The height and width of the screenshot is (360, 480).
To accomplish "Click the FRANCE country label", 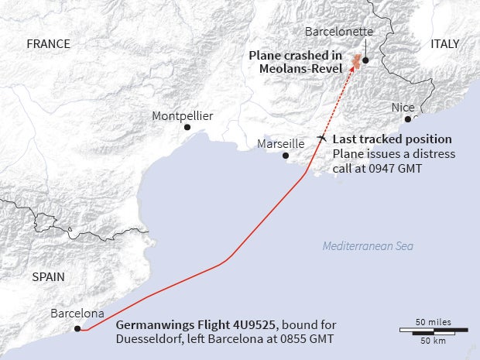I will (48, 44).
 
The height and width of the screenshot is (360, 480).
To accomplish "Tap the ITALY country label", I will (444, 44).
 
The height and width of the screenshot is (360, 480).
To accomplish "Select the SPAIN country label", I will (48, 276).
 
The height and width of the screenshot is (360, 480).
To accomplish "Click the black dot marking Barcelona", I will (77, 329).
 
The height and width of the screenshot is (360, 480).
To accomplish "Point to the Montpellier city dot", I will (187, 127).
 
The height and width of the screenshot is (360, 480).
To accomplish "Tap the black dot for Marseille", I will (286, 156).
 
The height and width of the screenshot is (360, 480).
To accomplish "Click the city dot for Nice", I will (408, 119).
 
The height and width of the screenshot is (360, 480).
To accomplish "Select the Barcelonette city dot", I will (365, 60).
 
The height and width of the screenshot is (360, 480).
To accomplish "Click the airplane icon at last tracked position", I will (322, 138).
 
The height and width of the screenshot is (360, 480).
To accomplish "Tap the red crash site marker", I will (357, 62).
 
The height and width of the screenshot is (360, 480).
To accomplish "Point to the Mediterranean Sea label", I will (368, 246).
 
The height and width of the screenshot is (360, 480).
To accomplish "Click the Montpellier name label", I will (183, 116).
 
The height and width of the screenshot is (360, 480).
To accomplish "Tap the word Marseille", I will (281, 144).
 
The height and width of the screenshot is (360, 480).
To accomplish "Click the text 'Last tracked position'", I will (392, 139).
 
